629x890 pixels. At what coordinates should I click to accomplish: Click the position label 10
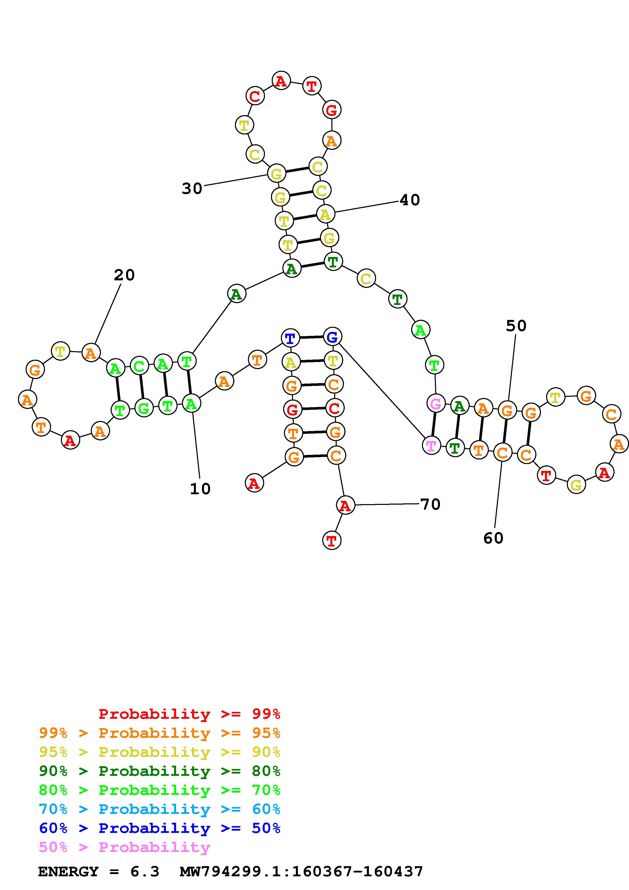[200, 489]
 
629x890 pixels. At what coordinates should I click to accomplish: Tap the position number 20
[124, 275]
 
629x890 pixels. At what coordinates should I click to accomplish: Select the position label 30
[192, 189]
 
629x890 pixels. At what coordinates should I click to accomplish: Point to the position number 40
[410, 200]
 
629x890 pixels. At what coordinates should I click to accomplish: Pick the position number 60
[493, 538]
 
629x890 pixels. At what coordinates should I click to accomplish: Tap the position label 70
[430, 504]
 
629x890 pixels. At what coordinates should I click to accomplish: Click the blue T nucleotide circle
[290, 339]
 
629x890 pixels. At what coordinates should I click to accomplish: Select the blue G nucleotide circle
[332, 337]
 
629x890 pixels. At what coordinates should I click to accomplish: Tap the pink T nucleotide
[431, 446]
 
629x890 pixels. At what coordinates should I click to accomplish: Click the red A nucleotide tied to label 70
[345, 505]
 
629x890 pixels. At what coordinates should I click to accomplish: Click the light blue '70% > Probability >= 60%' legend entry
[160, 809]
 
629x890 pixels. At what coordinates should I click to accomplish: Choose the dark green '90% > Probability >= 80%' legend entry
[160, 771]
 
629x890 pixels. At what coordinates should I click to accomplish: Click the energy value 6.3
[145, 872]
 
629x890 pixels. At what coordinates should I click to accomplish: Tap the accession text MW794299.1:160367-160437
[301, 872]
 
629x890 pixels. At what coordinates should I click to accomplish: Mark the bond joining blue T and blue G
[311, 338]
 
